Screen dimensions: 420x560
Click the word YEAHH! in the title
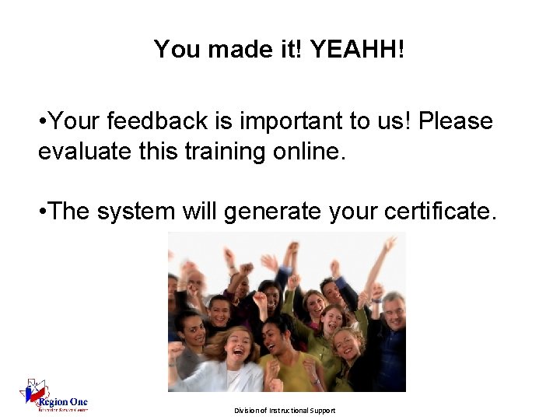(358, 50)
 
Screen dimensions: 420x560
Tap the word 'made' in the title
(237, 50)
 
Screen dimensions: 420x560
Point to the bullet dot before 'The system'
(43, 212)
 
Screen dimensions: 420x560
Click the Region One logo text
(68, 402)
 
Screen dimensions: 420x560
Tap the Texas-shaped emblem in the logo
(35, 392)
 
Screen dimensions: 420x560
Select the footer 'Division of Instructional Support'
(285, 410)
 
